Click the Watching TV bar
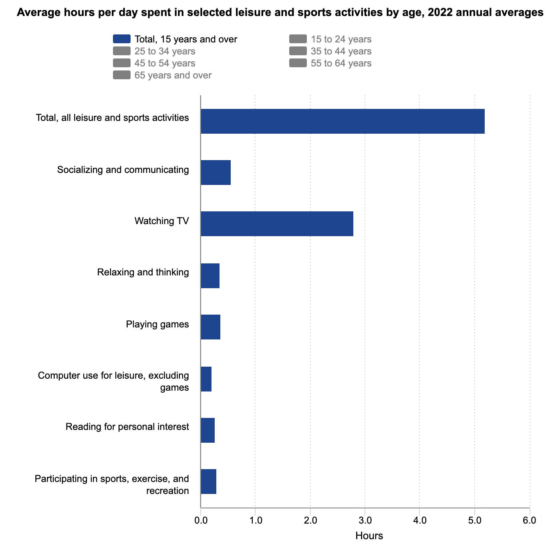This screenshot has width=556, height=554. pos(277,224)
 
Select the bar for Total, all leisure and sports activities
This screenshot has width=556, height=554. pos(342,121)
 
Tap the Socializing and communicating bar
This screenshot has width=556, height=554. pos(216,173)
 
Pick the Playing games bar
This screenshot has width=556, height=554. pos(210,327)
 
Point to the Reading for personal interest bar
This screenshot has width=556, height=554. pos(207,430)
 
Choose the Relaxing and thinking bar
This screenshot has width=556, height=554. pos(210,276)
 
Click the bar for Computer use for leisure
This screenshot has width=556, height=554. pos(206,379)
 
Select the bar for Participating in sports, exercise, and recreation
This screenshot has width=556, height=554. pos(208,482)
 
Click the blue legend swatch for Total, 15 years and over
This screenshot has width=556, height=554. pos(122,39)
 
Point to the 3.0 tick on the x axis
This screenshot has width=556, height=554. pos(365,520)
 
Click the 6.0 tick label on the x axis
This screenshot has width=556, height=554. pos(529,520)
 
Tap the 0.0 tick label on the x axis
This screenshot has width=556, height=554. pos(201,520)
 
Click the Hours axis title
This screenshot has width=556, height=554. pos(369,536)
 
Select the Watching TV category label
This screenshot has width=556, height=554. pos(161,221)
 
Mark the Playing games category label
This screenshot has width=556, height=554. pos(157,324)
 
